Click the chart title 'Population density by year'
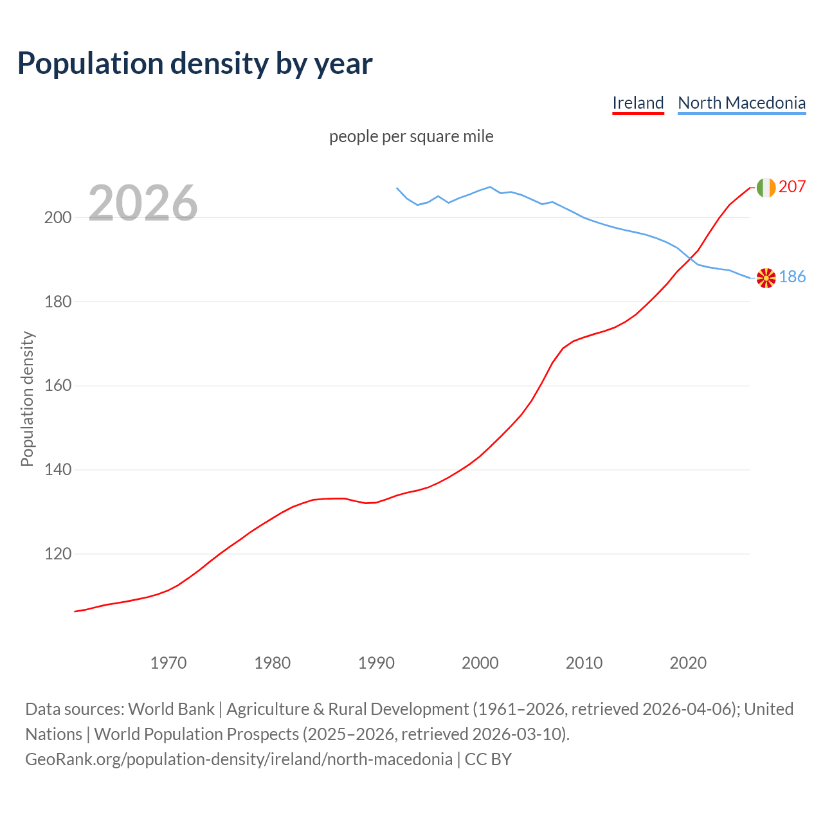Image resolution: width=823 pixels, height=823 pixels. [195, 63]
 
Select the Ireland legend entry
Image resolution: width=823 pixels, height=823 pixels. [638, 103]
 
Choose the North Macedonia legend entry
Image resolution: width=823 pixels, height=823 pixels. [741, 103]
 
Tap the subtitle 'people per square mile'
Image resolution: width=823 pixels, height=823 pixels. [411, 137]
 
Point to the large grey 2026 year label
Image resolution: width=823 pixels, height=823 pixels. [143, 203]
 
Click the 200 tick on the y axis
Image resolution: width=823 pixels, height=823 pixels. [57, 217]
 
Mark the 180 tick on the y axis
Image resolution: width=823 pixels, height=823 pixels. [57, 302]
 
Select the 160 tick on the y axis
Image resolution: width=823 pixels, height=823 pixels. [57, 386]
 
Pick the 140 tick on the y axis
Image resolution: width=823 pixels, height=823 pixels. [57, 470]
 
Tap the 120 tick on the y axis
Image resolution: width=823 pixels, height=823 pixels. [57, 554]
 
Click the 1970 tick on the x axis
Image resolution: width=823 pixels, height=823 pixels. [168, 663]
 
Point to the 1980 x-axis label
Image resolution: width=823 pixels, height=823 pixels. [273, 663]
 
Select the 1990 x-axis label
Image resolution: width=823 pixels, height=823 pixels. [376, 663]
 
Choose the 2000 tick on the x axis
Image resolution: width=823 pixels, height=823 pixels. [480, 663]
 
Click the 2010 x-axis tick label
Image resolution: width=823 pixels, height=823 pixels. [584, 663]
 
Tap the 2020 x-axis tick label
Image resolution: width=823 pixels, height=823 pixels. [688, 663]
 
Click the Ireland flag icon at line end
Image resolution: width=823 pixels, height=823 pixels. [766, 187]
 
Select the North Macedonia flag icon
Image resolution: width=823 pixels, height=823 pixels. [766, 278]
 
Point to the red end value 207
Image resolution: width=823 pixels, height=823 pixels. [792, 187]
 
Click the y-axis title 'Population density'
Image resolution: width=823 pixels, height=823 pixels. [27, 399]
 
